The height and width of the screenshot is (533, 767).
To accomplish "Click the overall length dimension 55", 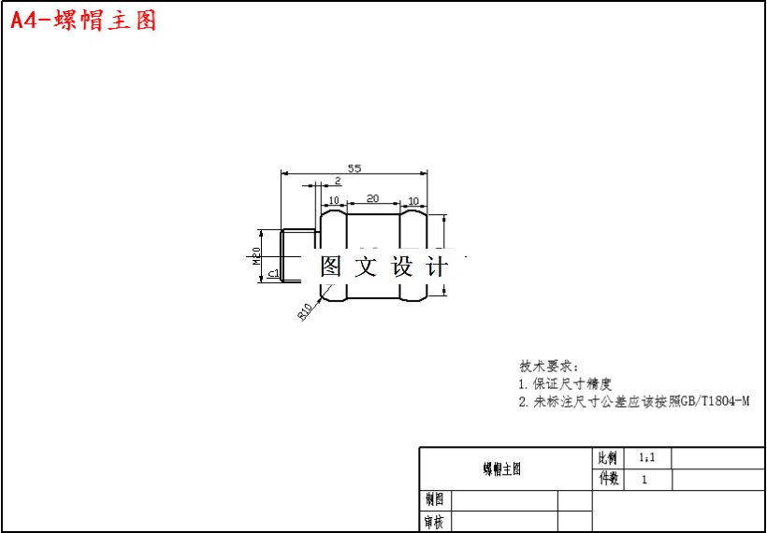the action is pos(355,168).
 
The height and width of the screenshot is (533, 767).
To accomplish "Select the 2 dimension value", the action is pos(337,180).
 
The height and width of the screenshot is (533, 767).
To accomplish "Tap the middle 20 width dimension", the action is pos(372,198).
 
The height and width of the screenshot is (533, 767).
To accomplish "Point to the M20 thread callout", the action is pos(256,255).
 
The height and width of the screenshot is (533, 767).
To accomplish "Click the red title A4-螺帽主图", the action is pos(83,21).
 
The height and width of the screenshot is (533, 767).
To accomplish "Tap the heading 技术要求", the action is pos(549,366).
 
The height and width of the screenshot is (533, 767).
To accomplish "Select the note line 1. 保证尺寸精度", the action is pos(565,383).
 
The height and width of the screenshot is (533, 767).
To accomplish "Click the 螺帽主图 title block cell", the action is pos(502,469).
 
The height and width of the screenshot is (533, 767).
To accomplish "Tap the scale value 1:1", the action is pos(646,458).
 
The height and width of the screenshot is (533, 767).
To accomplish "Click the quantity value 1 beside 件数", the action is pos(644,480).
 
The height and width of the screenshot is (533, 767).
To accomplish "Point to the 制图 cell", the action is pos(434,500).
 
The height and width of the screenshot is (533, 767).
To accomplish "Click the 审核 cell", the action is pos(434,522).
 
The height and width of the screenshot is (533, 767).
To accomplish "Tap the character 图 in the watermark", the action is pos(331,266).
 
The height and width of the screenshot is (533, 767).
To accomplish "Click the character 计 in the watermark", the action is pos(437,266).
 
